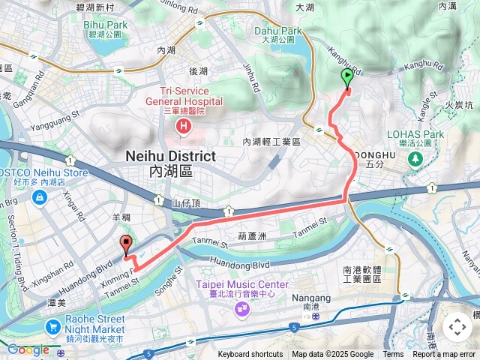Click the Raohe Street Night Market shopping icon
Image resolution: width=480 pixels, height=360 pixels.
click(x=52, y=327)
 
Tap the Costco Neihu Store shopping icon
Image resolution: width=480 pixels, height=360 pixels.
click(x=39, y=197)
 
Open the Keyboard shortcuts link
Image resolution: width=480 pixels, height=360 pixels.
click(x=250, y=355)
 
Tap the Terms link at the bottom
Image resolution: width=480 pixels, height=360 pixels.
click(x=393, y=355)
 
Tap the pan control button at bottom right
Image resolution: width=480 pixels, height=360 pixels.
click(x=457, y=327)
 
